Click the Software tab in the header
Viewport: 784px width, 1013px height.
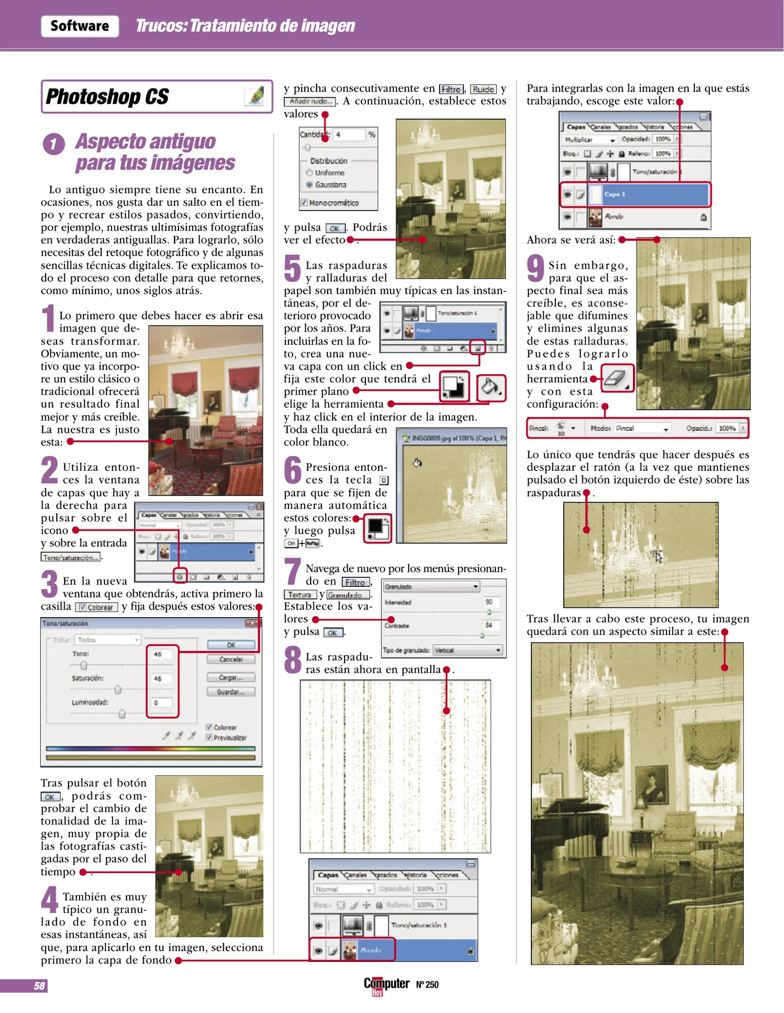pos(80,26)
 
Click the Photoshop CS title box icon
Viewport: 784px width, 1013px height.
pos(255,97)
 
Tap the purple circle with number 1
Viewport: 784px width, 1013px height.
pos(54,144)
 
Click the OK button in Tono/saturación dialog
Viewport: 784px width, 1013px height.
pos(231,645)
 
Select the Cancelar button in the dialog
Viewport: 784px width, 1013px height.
pos(231,659)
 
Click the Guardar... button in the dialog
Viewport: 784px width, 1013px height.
pos(231,692)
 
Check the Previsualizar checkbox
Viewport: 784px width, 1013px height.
pos(209,737)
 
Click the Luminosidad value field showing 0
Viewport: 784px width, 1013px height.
pos(162,703)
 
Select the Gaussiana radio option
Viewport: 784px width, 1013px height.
pos(309,185)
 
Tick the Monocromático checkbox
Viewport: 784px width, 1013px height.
pos(304,203)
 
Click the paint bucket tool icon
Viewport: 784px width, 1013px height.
pos(491,388)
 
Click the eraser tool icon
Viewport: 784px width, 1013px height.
pos(617,378)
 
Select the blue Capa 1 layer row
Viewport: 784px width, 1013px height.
pos(654,194)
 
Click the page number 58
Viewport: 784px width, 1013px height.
pos(39,986)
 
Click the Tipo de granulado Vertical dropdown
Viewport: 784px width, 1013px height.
pos(468,650)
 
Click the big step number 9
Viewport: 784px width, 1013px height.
pos(535,269)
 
